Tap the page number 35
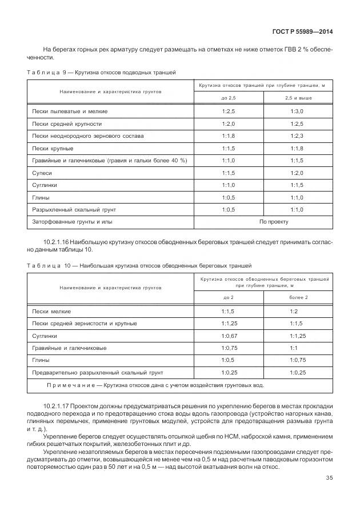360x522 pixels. point(329,478)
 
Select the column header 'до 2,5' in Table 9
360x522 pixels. point(229,98)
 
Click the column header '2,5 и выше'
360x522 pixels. point(298,98)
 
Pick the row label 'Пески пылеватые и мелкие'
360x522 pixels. point(70,111)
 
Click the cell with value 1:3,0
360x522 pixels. point(297,111)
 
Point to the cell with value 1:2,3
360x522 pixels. point(297,136)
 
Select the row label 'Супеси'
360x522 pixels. point(42,173)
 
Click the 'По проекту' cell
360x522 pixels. point(274,221)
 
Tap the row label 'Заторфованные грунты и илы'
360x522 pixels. point(72,221)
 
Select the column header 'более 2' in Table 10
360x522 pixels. point(298,298)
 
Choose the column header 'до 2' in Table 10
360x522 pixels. point(229,298)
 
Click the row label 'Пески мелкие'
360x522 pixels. point(52,311)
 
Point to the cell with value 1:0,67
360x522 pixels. point(229,336)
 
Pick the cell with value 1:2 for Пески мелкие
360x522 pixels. point(294,311)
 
